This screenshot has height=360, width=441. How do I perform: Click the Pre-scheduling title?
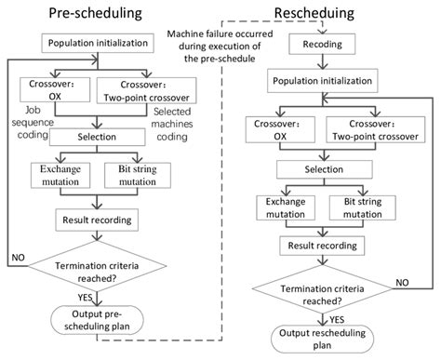tap(89, 15)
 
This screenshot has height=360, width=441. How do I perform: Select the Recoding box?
tap(320, 43)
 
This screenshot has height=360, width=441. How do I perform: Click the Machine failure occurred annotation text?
tap(218, 44)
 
